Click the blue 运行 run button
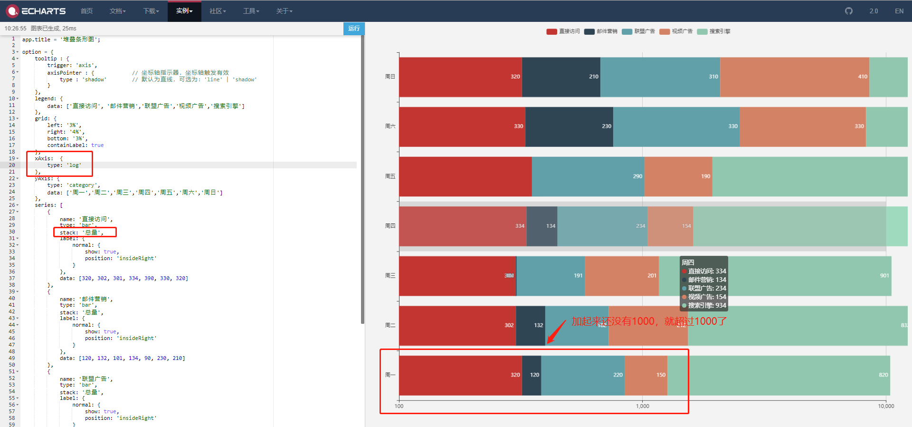(x=354, y=29)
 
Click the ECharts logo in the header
(x=36, y=11)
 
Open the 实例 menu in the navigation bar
(x=184, y=11)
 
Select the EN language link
(x=899, y=11)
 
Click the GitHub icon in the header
(x=849, y=11)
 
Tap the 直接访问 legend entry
(x=563, y=31)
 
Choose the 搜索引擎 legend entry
(x=714, y=31)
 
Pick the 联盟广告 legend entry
(x=639, y=31)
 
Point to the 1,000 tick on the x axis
(x=643, y=406)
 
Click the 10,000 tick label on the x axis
(x=886, y=406)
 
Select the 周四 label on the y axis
(x=390, y=226)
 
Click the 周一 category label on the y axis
(x=390, y=375)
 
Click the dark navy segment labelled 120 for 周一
(x=532, y=375)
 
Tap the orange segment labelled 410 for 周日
(x=794, y=77)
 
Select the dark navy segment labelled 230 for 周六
(x=569, y=126)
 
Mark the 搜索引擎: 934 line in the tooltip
(x=704, y=305)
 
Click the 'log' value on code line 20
(x=74, y=165)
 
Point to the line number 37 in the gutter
(x=12, y=278)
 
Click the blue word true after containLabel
(x=97, y=146)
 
